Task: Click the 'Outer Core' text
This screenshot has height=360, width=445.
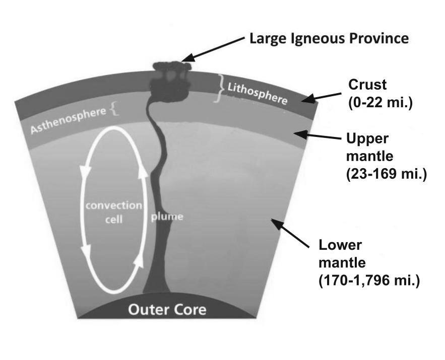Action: click(x=167, y=309)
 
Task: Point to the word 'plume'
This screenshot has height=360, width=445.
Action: click(x=167, y=217)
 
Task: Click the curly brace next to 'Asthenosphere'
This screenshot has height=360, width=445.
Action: click(x=114, y=109)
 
